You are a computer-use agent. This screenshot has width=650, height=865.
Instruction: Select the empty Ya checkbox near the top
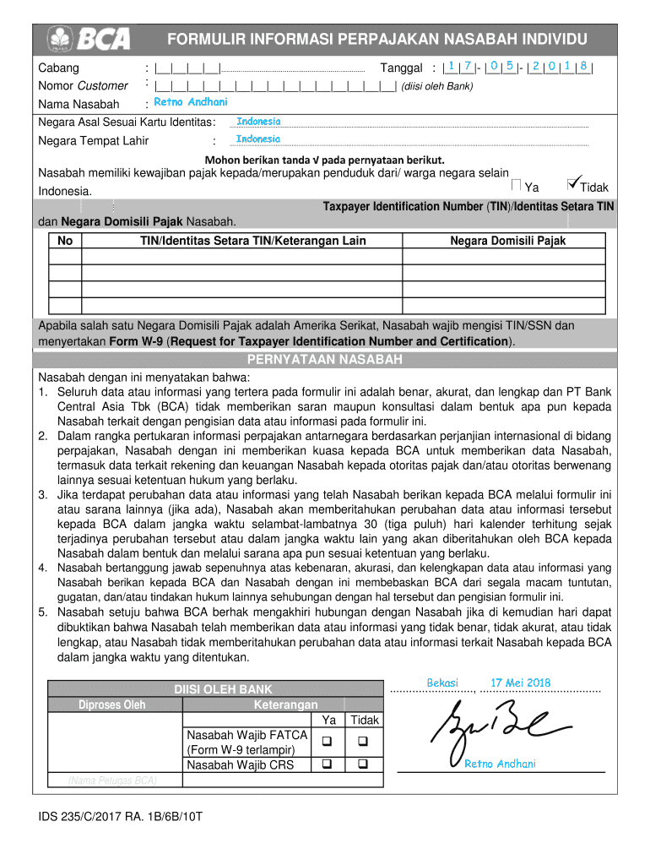coord(517,185)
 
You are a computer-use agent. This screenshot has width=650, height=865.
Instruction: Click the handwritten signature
coord(490,726)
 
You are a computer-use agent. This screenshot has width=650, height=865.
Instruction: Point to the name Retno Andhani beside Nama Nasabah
coord(191,103)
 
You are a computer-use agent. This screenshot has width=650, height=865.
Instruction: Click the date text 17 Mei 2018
coord(520,683)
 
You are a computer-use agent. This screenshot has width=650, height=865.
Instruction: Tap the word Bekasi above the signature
coord(442,683)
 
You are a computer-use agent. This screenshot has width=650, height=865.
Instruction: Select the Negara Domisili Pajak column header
coord(507,241)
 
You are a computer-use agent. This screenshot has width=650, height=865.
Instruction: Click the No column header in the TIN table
coord(65,241)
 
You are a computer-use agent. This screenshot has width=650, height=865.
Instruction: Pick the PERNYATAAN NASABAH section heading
coord(342,360)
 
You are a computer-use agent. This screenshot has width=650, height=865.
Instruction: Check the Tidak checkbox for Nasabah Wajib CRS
coord(364,764)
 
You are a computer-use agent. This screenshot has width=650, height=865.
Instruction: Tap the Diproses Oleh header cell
coord(112,705)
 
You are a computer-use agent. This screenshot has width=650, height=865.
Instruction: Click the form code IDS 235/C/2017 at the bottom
coord(120,818)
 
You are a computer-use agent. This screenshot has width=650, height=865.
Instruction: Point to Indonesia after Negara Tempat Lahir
coord(258,139)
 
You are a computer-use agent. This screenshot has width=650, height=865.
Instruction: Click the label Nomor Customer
coord(83,85)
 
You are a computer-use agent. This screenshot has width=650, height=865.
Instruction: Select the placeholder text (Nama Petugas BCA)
coord(112,781)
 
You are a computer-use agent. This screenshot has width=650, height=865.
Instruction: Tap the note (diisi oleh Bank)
coord(437,86)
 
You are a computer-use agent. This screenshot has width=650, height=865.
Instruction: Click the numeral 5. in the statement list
coord(42,612)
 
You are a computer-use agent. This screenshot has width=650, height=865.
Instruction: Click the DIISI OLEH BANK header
coord(223,689)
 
